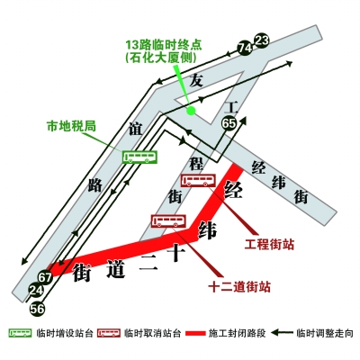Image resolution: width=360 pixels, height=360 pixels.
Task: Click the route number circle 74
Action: click(245, 48)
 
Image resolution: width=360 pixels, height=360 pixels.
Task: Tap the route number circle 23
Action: click(262, 40)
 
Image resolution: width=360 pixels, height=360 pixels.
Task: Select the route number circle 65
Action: click(229, 123)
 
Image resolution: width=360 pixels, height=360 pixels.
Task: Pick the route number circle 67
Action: click(45, 277)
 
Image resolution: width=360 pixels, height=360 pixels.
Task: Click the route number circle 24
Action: click(36, 291)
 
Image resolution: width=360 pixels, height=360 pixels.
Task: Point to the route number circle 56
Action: click(37, 309)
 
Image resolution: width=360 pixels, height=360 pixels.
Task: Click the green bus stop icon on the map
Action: click(139, 157)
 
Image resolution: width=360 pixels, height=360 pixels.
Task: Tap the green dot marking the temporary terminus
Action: click(191, 111)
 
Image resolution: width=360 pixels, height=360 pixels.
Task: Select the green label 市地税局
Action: click(71, 126)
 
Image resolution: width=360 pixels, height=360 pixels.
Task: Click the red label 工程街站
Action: click(269, 244)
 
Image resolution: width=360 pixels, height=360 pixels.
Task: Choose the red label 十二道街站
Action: click(239, 287)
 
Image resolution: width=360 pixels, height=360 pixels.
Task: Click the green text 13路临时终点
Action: click(164, 45)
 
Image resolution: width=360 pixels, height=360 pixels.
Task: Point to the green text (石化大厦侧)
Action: click(161, 58)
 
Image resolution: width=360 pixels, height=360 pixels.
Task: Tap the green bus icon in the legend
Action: click(21, 333)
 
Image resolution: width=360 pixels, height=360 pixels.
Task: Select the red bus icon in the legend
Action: click(109, 333)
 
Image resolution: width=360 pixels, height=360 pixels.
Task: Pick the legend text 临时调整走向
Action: click(325, 333)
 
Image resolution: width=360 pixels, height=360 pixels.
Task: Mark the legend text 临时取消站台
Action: click(153, 333)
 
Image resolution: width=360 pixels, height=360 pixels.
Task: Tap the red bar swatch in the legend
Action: click(195, 333)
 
